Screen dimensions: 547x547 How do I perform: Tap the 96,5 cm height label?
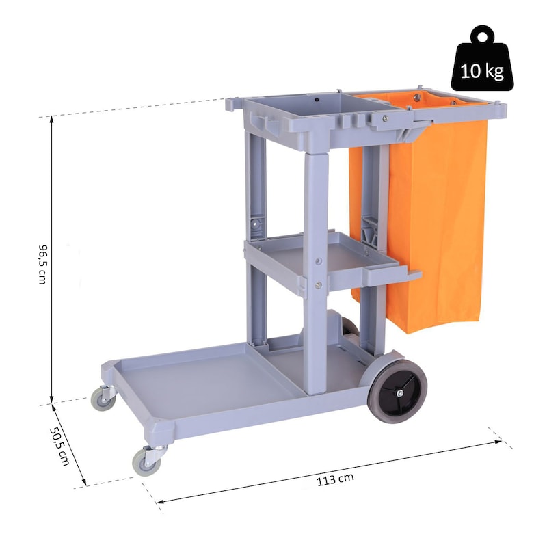[42, 264]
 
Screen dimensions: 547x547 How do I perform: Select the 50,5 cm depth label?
[59, 446]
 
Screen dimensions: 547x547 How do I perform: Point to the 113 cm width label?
[335, 479]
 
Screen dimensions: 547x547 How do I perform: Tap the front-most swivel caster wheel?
[147, 461]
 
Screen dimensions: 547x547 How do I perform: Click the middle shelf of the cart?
[332, 262]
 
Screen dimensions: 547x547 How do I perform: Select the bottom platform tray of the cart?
[230, 387]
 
